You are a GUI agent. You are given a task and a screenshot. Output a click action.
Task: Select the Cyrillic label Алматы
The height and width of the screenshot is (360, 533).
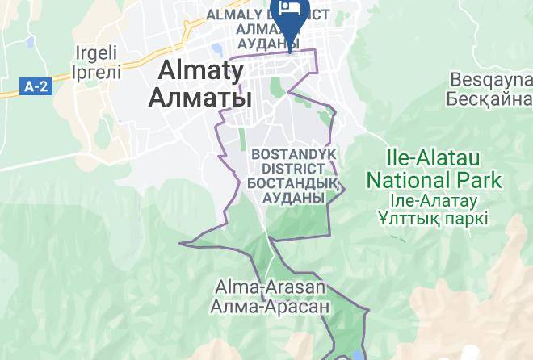[x=200, y=98]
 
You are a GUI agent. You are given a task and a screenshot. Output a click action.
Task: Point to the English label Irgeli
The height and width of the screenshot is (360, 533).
[x=98, y=53]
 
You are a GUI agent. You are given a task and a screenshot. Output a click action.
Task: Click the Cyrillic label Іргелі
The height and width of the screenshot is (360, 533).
[x=98, y=72]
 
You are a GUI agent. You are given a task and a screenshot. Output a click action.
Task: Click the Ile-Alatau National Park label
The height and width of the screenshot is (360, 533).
[x=433, y=170]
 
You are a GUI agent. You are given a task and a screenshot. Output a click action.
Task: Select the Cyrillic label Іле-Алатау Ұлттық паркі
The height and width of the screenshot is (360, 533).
[x=437, y=209]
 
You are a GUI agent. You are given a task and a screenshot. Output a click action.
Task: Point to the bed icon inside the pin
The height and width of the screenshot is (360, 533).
[x=288, y=10]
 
